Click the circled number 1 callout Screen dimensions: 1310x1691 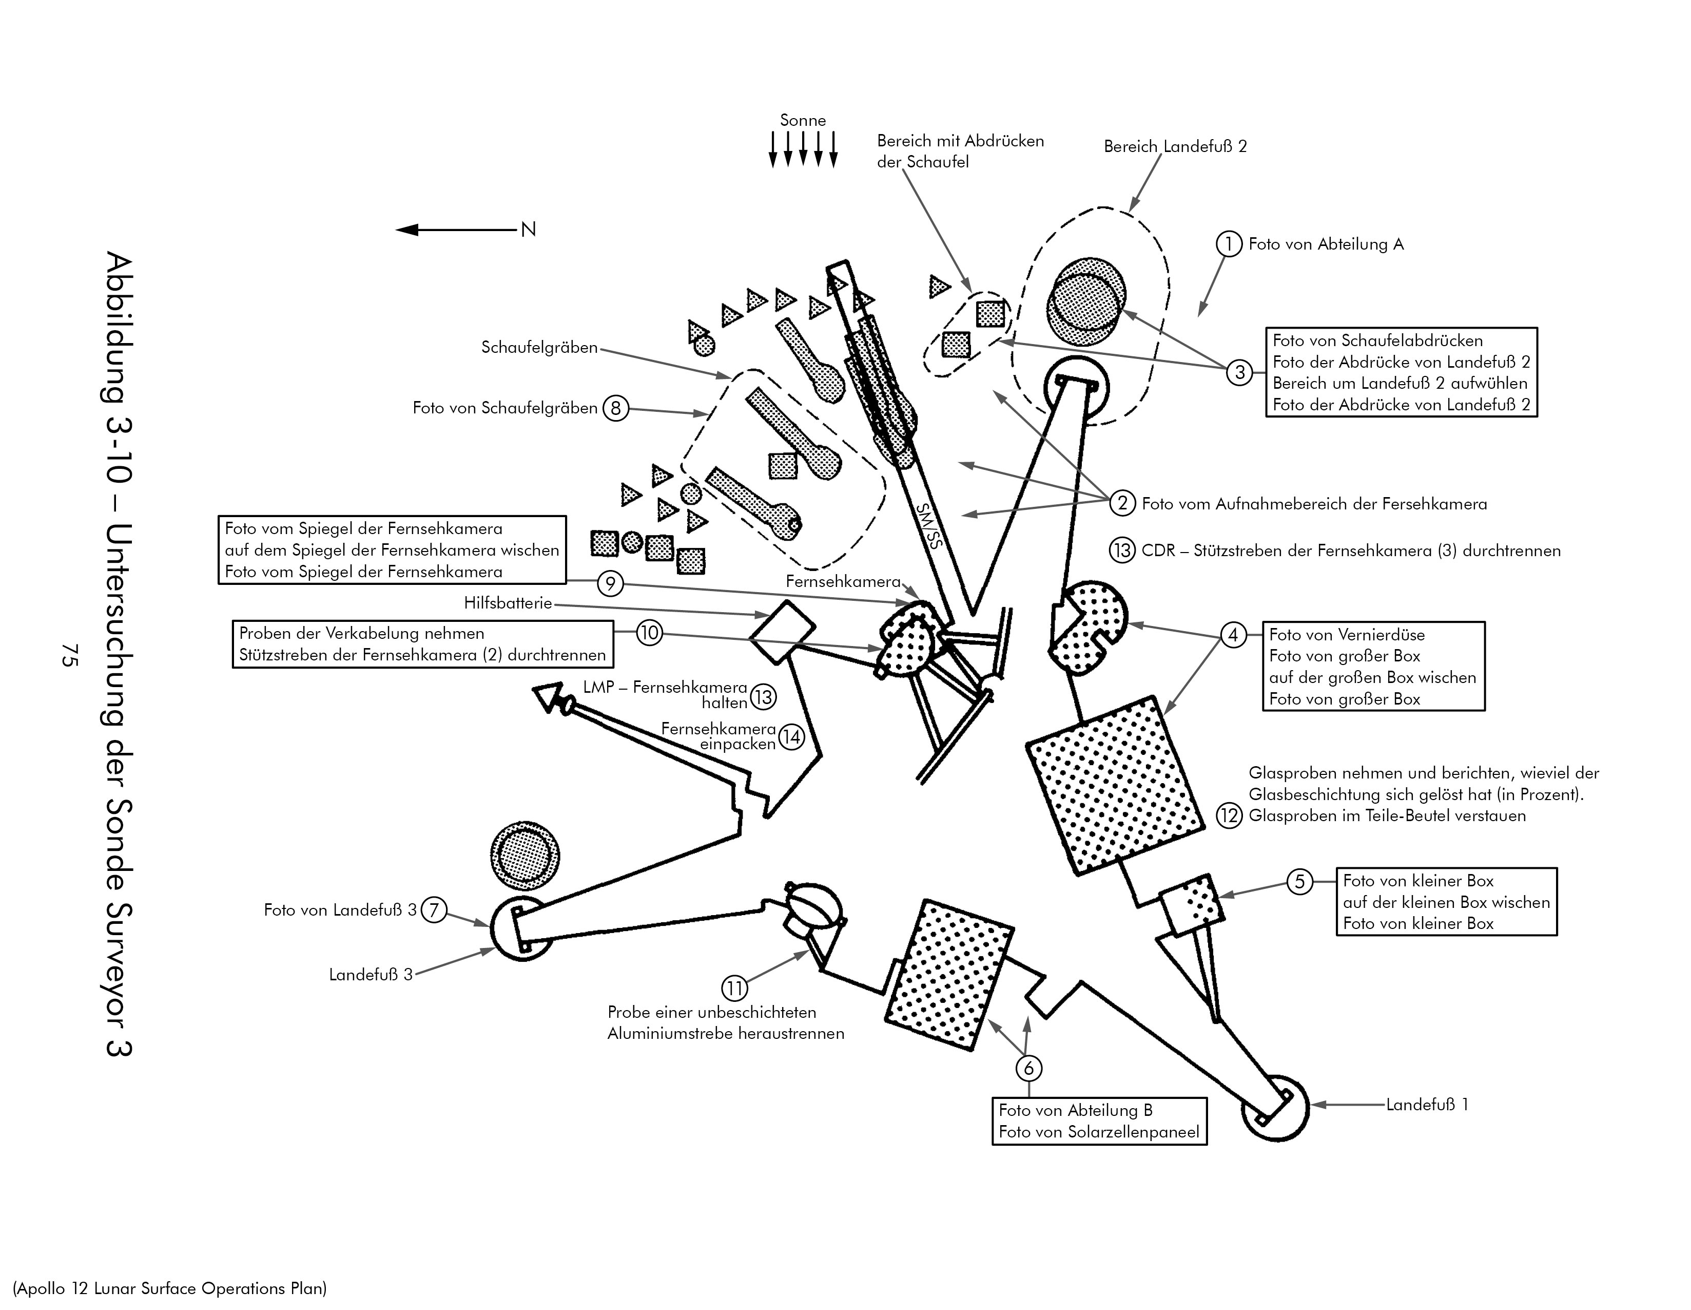click(1228, 244)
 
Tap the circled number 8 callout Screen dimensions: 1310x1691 click(615, 408)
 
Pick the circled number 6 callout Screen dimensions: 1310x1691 click(1028, 1068)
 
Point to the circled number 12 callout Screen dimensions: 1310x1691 click(1229, 816)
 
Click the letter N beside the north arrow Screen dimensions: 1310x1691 click(529, 230)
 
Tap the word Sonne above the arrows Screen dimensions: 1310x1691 click(803, 120)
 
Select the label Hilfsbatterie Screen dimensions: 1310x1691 click(508, 603)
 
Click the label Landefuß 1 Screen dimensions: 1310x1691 click(1426, 1105)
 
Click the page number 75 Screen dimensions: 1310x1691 click(68, 655)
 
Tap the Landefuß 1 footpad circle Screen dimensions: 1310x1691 click(1274, 1108)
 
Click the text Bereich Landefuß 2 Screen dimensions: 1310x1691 click(1175, 146)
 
